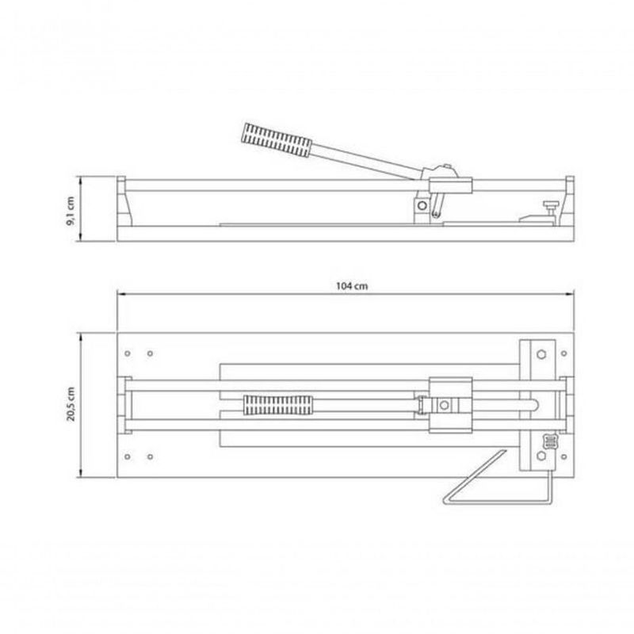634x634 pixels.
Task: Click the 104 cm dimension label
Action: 352,286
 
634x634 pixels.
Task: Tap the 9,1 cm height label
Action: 71,211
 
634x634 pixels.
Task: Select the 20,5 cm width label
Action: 71,404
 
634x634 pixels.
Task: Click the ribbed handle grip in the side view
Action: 277,140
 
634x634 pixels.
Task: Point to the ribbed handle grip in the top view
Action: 278,405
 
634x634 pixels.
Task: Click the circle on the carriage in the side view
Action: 422,205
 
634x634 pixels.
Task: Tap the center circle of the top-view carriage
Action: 444,405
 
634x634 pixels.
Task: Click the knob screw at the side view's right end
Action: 550,208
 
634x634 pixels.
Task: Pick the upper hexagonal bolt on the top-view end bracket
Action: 541,354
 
